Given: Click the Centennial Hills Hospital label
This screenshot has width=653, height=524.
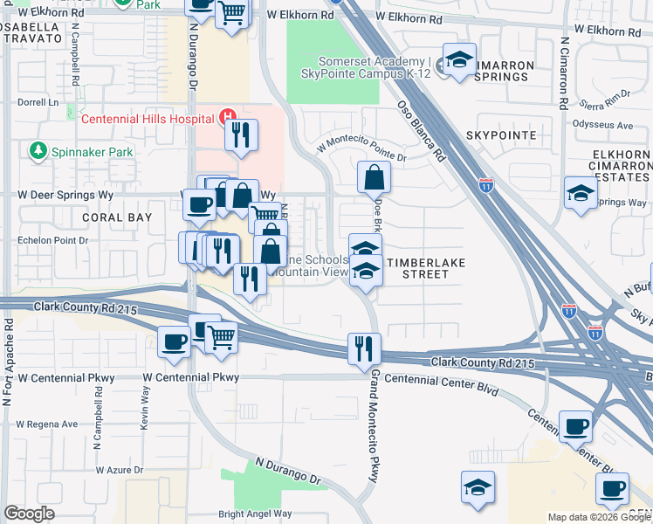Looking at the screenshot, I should (148, 118).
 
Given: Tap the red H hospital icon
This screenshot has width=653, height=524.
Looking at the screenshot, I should (228, 116).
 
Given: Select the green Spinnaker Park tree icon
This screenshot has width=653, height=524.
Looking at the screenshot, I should (38, 152).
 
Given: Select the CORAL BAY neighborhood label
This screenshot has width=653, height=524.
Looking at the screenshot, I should (117, 217).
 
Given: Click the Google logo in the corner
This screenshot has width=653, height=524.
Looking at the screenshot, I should (30, 514).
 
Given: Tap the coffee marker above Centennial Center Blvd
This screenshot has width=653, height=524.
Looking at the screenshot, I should (576, 426).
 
